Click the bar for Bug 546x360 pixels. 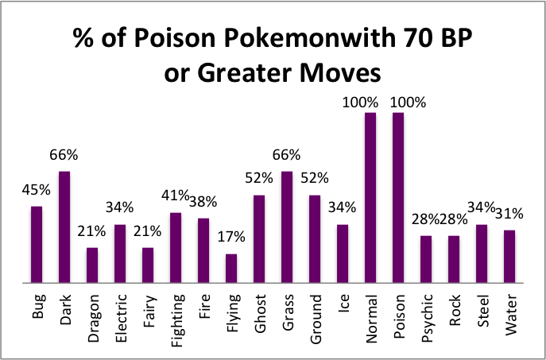click(37, 244)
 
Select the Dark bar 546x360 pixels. click(64, 226)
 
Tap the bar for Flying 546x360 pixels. click(231, 268)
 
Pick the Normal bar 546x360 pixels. click(370, 197)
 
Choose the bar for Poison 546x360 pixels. click(398, 197)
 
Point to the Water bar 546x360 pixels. click(509, 256)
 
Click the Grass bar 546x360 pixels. click(287, 226)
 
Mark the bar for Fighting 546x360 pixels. click(176, 247)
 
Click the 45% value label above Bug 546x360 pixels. click(37, 191)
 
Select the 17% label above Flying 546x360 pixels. click(231, 237)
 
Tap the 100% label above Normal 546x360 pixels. click(370, 102)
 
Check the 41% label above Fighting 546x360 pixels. click(175, 195)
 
